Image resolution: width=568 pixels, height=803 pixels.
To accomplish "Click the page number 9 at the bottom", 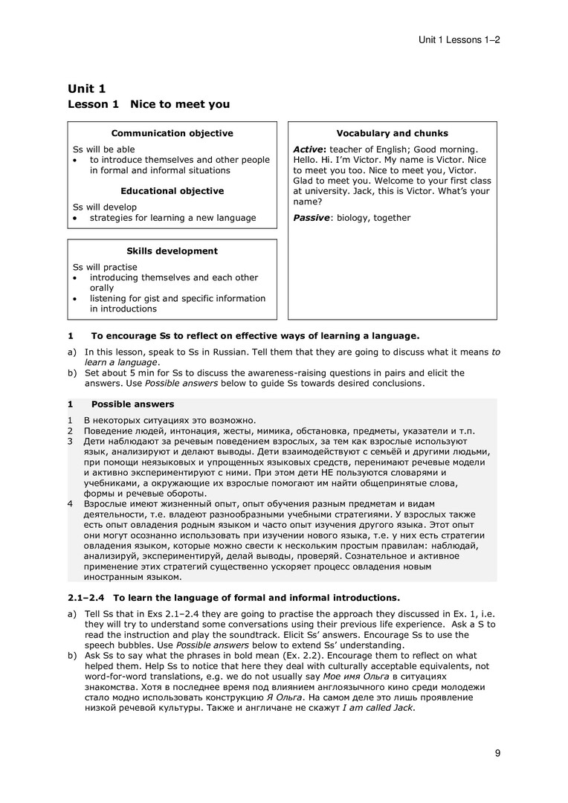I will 497,753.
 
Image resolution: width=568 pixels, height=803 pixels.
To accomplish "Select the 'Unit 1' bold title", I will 86,89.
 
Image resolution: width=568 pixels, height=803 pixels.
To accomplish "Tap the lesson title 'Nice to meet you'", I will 180,105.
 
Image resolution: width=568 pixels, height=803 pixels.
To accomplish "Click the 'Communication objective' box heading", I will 172,134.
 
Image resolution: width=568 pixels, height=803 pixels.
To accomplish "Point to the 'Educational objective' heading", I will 172,191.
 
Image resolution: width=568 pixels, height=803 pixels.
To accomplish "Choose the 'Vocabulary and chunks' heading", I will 392,134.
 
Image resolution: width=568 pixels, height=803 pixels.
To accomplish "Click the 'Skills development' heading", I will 172,251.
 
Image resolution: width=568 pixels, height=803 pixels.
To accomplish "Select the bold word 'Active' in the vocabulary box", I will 310,149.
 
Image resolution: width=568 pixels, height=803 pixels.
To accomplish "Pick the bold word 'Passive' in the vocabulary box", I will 312,218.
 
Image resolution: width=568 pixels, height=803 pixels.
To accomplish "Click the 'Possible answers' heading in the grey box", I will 132,404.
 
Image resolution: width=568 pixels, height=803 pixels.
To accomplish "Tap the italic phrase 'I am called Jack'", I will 376,708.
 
